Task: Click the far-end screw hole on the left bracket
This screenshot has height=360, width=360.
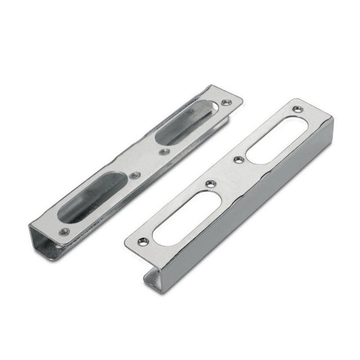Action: [225, 103]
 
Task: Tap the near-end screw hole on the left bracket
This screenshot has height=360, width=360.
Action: [64, 231]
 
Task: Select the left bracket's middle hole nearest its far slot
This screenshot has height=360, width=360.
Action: [163, 151]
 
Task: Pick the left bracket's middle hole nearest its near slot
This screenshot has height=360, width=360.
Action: [135, 175]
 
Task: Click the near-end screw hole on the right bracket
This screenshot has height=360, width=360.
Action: [142, 241]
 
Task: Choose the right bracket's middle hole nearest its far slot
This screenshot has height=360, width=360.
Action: [238, 159]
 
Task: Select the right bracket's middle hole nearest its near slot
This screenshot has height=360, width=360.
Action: [211, 183]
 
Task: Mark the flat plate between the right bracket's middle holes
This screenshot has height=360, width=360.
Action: [224, 172]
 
